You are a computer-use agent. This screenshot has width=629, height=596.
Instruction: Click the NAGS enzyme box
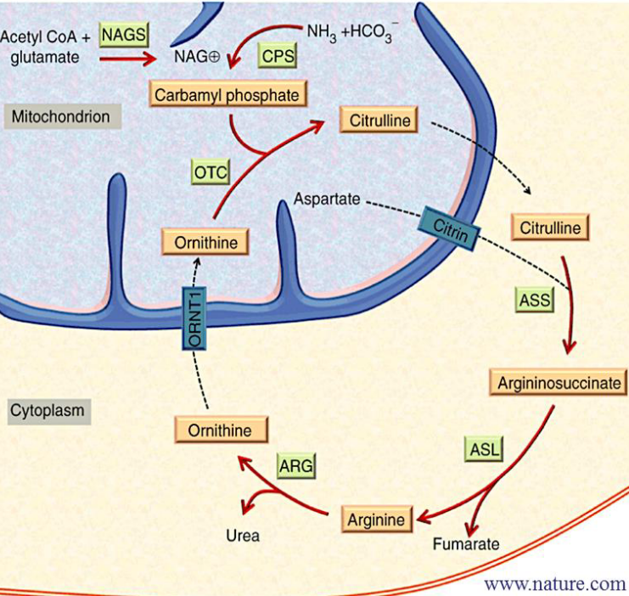(123, 35)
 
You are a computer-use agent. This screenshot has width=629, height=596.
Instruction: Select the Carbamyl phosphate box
(227, 94)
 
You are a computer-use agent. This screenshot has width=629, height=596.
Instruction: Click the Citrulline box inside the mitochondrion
(379, 120)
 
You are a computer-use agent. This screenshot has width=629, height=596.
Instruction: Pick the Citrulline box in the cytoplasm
(550, 228)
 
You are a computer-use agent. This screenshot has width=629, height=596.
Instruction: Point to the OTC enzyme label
(210, 172)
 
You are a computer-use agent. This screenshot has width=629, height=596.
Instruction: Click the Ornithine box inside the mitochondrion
(206, 243)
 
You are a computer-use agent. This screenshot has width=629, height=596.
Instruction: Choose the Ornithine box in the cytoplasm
(220, 430)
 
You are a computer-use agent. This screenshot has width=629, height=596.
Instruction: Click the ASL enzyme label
(483, 448)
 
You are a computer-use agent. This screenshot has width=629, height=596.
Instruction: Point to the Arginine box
(379, 517)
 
